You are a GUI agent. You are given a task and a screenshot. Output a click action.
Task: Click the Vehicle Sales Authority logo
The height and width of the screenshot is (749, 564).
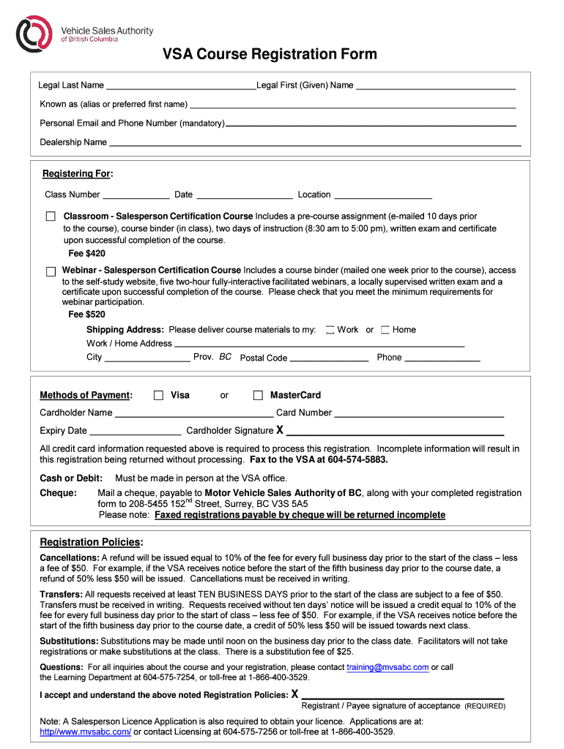(35, 34)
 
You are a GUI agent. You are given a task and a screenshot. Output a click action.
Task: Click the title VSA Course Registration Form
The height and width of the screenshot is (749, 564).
(270, 54)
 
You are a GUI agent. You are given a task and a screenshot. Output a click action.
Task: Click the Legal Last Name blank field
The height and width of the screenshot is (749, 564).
(180, 86)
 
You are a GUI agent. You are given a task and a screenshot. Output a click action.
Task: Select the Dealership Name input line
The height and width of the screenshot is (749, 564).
(315, 143)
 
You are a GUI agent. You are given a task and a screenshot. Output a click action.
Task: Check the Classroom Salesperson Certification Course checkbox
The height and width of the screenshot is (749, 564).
(51, 217)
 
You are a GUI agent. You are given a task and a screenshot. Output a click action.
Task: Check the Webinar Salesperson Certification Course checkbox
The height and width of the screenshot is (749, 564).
(51, 271)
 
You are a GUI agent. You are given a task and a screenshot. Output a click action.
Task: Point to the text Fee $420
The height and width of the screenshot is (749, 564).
(86, 254)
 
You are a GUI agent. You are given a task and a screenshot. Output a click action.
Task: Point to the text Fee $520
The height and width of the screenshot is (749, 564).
(86, 315)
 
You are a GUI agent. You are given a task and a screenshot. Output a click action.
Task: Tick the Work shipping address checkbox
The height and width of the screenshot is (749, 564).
(330, 330)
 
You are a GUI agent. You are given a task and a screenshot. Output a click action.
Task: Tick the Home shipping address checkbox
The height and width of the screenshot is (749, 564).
(385, 330)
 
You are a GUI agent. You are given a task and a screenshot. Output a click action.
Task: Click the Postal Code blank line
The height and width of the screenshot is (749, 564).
(329, 358)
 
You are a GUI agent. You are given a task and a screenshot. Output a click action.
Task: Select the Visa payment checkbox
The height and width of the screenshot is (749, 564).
(158, 396)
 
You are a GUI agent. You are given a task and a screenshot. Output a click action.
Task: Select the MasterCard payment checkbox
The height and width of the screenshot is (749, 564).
(258, 396)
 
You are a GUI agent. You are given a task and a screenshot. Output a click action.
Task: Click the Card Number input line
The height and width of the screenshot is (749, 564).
(419, 413)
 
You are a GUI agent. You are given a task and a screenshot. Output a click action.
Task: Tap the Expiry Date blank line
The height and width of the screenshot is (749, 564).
(135, 432)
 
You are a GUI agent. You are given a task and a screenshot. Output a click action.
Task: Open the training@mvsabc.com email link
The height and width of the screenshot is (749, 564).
(387, 668)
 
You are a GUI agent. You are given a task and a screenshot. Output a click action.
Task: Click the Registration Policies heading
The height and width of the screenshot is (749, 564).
(92, 542)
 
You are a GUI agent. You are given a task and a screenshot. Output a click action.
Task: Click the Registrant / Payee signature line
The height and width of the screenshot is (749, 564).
(403, 696)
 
